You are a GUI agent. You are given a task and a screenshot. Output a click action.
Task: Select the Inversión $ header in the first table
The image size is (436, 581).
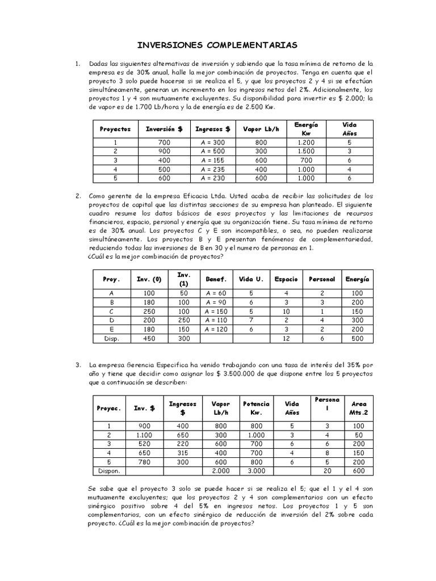point(164,129)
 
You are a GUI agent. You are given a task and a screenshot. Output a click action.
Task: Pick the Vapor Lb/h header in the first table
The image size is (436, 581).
point(261,129)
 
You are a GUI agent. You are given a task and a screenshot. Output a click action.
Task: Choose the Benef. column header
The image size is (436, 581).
point(216,279)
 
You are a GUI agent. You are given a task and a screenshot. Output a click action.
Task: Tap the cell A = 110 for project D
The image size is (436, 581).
point(216,321)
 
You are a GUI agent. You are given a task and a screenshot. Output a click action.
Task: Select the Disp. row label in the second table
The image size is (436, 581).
point(111,339)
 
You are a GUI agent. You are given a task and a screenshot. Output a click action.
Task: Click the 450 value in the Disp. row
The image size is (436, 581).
point(149,339)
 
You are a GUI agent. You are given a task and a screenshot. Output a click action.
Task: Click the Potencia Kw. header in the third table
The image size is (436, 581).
point(256,408)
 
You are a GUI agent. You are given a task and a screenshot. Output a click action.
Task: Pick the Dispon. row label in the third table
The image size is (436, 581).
point(109,471)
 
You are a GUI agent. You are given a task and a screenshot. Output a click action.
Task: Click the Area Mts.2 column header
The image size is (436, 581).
point(359,408)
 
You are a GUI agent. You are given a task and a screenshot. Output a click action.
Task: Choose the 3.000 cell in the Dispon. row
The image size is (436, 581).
point(256,471)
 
